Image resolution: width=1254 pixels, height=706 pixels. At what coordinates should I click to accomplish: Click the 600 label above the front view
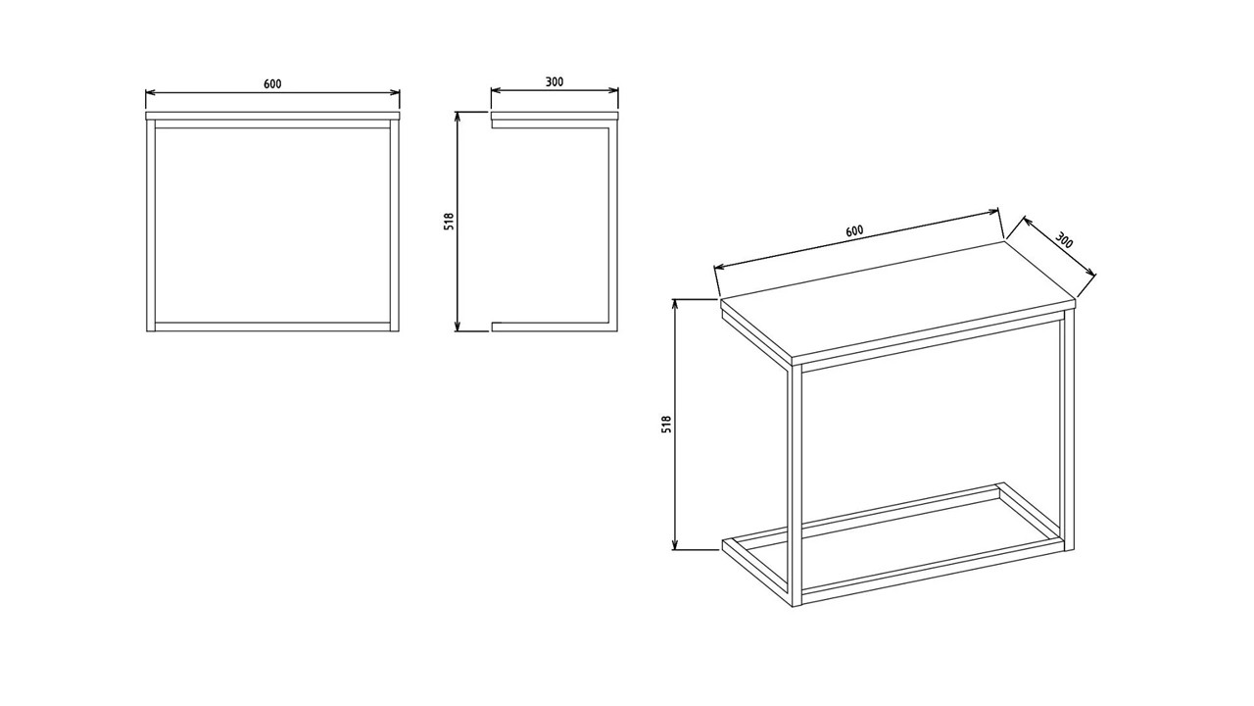click(x=272, y=84)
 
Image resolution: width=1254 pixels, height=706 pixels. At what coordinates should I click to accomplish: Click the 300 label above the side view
click(x=555, y=81)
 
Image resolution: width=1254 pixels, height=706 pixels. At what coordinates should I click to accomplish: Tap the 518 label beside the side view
click(x=449, y=222)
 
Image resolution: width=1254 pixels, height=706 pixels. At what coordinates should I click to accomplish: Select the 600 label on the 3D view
click(x=854, y=230)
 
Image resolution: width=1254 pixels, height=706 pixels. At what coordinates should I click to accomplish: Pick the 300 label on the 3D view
click(x=1064, y=240)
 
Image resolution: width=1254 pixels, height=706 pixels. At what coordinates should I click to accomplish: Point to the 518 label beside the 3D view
click(x=666, y=425)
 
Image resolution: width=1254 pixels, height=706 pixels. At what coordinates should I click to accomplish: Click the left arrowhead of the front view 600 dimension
click(x=150, y=92)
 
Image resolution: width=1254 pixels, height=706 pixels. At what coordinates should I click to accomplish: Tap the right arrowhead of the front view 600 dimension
click(x=396, y=92)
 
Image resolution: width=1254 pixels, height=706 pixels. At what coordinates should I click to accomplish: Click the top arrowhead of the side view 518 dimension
click(x=458, y=116)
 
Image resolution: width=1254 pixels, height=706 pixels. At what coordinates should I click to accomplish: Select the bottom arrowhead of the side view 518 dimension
click(x=458, y=327)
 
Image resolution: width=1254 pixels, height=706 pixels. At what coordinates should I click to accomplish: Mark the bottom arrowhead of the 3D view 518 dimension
click(x=675, y=544)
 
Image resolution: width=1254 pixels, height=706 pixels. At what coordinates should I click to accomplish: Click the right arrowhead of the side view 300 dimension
click(x=614, y=90)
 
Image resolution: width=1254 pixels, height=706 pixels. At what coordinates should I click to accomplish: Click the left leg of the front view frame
click(x=151, y=226)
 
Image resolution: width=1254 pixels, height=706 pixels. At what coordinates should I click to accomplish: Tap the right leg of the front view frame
click(x=394, y=226)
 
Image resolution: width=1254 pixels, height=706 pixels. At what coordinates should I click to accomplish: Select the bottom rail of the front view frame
click(x=272, y=327)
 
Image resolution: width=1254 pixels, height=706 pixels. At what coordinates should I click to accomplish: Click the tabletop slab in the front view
click(x=272, y=116)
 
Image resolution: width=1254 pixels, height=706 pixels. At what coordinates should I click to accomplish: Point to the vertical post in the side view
click(x=613, y=226)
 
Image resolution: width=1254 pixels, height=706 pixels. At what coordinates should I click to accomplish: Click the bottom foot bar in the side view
click(x=555, y=327)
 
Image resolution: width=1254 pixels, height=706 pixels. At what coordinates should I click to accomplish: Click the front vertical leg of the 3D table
click(x=795, y=487)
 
